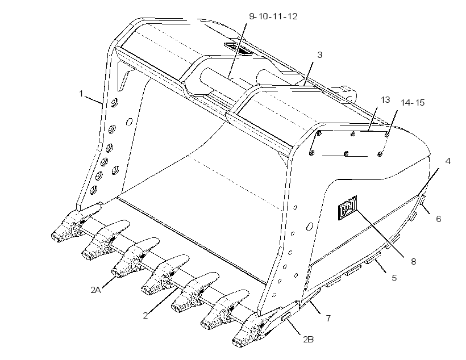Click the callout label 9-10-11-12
(x=273, y=16)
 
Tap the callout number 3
(x=320, y=55)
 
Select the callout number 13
(x=385, y=100)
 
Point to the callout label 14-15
(x=413, y=103)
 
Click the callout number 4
(x=448, y=161)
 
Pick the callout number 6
(x=438, y=219)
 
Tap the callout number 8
(x=413, y=262)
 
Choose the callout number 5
(x=394, y=278)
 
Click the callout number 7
(x=328, y=318)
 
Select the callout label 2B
(x=308, y=339)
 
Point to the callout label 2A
(x=95, y=290)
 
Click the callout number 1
(x=81, y=94)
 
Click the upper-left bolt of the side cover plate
(x=319, y=133)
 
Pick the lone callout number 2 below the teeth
(x=145, y=315)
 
